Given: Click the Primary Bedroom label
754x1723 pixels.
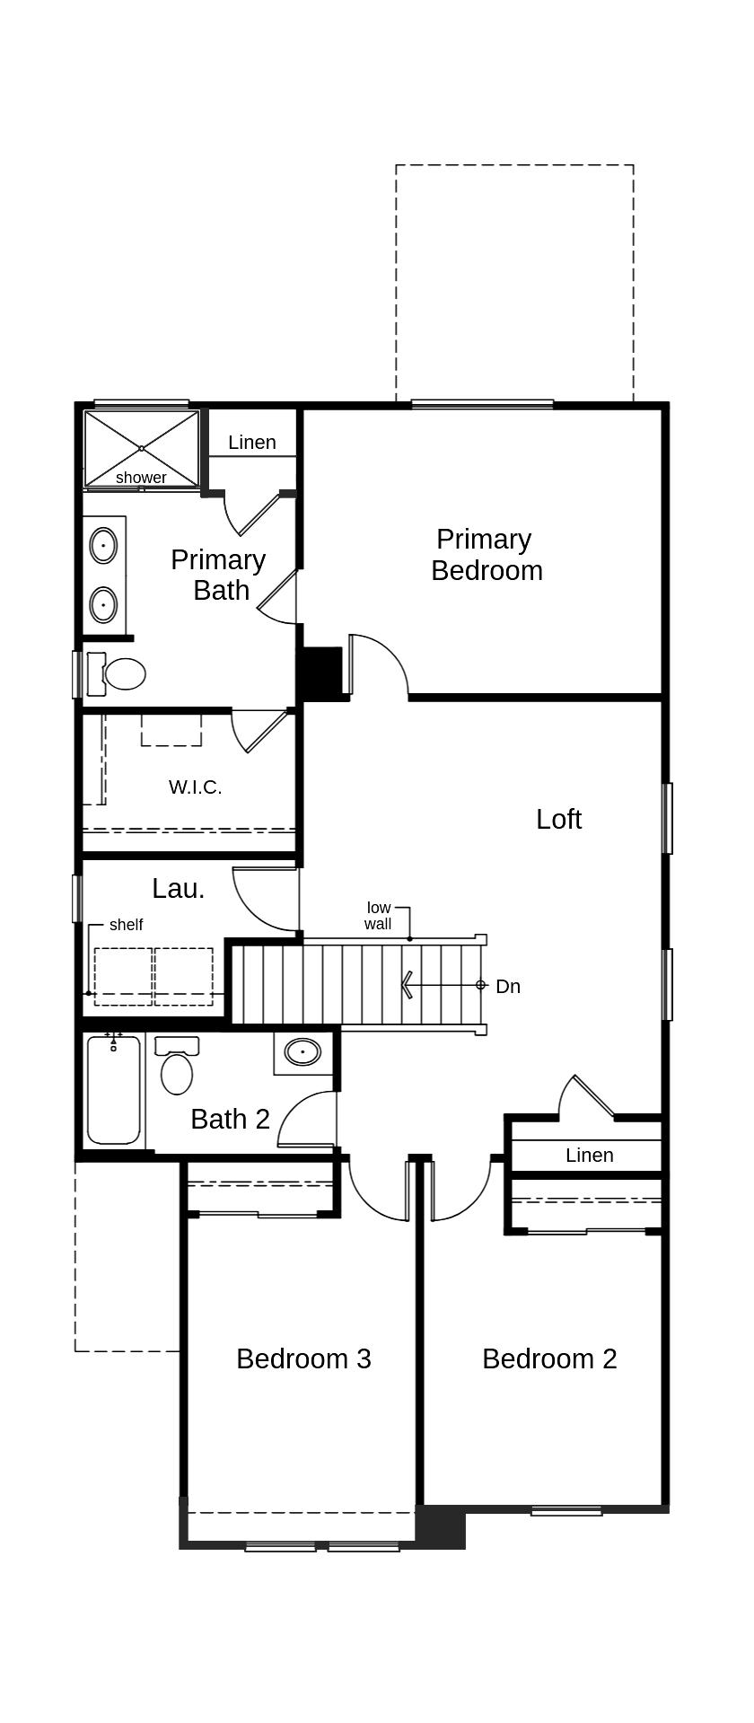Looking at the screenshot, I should click(x=486, y=555).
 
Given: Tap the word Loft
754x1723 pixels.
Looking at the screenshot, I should click(x=558, y=819).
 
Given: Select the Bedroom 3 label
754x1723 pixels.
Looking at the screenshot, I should click(x=303, y=1358).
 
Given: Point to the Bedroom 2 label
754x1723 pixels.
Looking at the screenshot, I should click(x=549, y=1358).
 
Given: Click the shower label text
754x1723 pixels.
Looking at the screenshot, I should click(x=141, y=478).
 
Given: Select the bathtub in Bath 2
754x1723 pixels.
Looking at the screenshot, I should click(x=114, y=1090).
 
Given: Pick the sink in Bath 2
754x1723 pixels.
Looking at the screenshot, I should click(x=302, y=1051).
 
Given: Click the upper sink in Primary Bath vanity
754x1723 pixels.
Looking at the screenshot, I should click(x=103, y=546).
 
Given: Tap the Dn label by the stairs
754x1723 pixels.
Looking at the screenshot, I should click(x=508, y=986).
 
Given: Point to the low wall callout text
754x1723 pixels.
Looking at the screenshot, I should click(x=378, y=916).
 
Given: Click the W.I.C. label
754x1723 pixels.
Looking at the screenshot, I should click(x=195, y=787).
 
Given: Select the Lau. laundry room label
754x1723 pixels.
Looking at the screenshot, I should click(x=179, y=889).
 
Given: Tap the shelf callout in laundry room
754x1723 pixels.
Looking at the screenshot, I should click(x=126, y=925).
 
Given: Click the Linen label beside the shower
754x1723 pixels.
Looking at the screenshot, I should click(x=251, y=443).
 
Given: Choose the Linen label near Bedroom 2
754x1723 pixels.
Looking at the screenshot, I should click(x=589, y=1156).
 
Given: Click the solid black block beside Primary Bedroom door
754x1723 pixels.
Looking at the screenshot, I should click(x=320, y=672).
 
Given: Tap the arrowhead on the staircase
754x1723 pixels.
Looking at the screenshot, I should click(x=407, y=985).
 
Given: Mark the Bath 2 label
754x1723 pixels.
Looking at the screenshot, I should click(x=230, y=1120).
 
